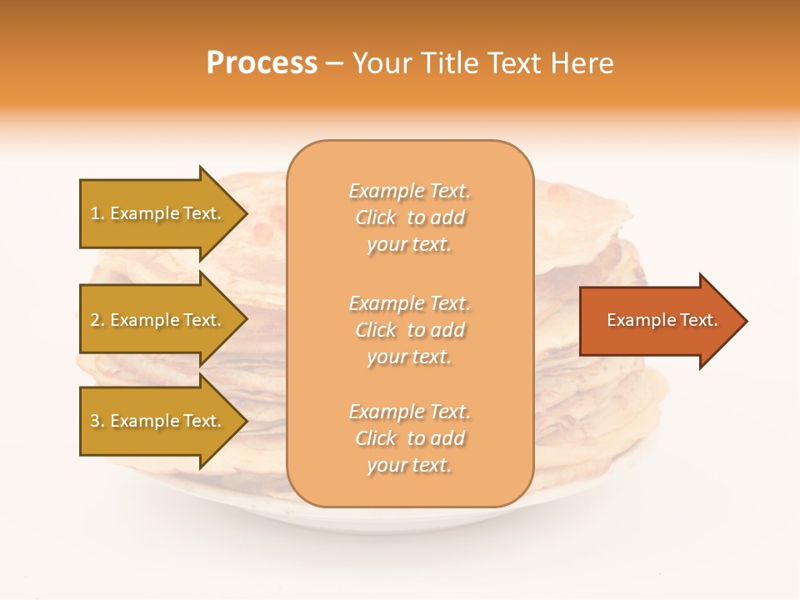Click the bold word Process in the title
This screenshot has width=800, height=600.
262,63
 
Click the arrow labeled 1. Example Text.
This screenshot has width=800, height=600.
158,213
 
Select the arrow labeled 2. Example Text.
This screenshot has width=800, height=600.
158,320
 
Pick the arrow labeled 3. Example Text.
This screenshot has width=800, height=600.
158,421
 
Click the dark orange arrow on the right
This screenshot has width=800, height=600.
658,321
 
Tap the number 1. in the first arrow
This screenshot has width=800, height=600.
97,213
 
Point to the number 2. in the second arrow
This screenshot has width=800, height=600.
97,320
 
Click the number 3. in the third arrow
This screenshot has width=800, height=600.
97,421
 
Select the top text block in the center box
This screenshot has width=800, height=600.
409,217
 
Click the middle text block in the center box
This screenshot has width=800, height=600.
409,330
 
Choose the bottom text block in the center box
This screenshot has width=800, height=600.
409,438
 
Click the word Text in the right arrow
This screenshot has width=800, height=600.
699,320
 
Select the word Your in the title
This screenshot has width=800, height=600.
383,63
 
